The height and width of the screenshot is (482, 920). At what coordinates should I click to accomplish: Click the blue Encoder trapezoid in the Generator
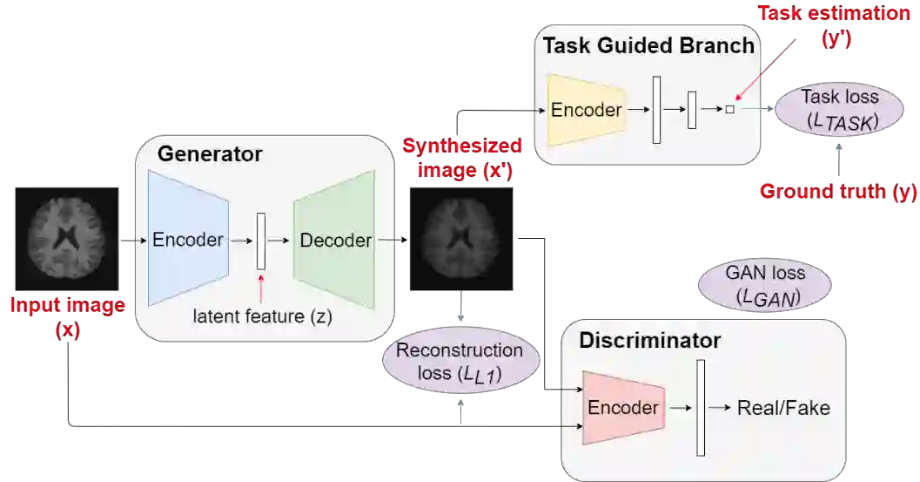point(188,240)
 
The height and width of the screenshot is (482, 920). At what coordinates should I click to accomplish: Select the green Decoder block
point(335,240)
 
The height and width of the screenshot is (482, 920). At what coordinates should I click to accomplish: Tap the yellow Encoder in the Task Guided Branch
point(587,110)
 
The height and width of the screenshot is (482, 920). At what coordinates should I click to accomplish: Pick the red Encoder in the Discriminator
point(623,408)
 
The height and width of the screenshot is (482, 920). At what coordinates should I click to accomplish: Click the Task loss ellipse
point(840,110)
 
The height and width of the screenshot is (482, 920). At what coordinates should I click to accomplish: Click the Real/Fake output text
point(783,408)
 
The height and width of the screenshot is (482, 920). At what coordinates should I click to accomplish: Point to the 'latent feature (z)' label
point(262,316)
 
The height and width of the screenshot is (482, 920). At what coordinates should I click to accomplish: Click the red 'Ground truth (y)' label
point(838,192)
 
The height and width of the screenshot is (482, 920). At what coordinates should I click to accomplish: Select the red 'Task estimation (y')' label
point(834,26)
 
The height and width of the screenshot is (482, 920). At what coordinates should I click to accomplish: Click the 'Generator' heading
point(210,155)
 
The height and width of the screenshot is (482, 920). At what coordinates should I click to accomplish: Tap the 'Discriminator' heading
point(649,341)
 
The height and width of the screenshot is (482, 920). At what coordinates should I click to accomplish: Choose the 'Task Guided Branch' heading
point(648,45)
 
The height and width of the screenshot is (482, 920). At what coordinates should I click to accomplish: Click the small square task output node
point(730,110)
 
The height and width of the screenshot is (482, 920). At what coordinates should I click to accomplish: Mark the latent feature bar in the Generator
point(260,241)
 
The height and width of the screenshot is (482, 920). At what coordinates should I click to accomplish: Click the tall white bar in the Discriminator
point(700,408)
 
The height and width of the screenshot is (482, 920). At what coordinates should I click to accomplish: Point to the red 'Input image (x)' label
point(67,317)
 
